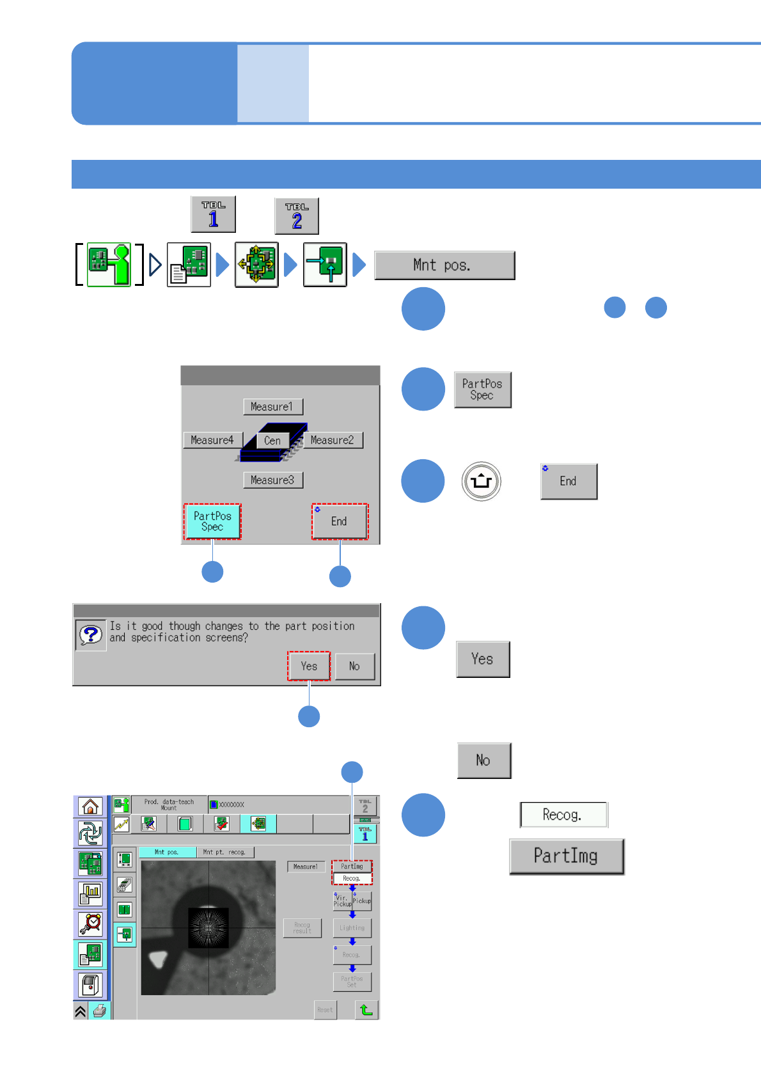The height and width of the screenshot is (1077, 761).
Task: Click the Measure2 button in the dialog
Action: coord(333,440)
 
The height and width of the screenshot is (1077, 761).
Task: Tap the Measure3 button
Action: coord(273,480)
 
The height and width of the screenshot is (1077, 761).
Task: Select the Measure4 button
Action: coord(212,440)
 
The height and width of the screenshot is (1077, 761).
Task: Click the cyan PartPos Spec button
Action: coord(212,521)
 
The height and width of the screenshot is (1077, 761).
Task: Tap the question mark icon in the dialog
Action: coord(91,635)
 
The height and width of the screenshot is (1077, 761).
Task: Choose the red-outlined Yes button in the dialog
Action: coord(309,666)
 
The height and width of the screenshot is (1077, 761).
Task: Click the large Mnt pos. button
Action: coord(444,265)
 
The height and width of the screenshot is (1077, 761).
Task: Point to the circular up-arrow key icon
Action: coord(481,481)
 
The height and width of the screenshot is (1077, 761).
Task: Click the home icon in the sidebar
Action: coord(90,806)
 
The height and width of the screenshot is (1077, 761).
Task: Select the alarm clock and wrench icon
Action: coord(90,924)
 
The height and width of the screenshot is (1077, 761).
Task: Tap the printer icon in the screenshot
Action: coord(100,1010)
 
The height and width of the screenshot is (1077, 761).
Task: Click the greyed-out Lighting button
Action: coord(352,927)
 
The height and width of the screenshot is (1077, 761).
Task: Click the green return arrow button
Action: coord(366,1010)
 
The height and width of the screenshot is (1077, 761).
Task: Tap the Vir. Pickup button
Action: coord(342,901)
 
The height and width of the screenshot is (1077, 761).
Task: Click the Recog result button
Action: coord(302,928)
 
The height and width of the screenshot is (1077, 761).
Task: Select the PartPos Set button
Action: coord(352,981)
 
